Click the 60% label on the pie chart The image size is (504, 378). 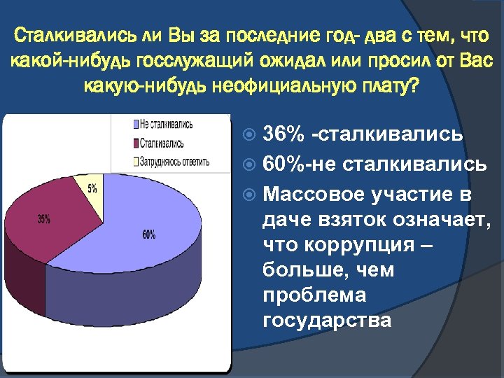pyautogui.click(x=148, y=235)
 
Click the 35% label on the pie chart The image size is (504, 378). pyautogui.click(x=43, y=219)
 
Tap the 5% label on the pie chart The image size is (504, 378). pyautogui.click(x=92, y=188)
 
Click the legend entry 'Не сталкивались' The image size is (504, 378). pyautogui.click(x=166, y=125)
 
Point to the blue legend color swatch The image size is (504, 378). pyautogui.click(x=134, y=125)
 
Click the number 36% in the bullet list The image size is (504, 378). pyautogui.click(x=283, y=134)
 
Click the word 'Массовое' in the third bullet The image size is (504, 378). pyautogui.click(x=311, y=193)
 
